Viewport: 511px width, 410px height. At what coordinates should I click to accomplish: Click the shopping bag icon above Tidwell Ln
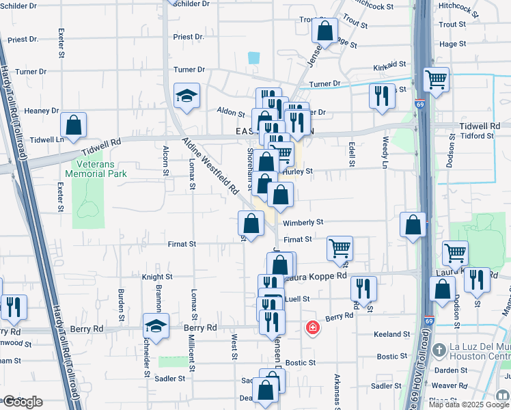click(x=73, y=125)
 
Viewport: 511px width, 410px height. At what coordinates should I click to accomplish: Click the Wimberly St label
click(x=303, y=222)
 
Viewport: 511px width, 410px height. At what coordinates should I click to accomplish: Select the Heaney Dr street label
click(x=42, y=111)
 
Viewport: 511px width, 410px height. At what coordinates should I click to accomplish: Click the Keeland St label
click(x=392, y=334)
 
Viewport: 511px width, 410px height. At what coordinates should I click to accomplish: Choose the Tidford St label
click(x=477, y=136)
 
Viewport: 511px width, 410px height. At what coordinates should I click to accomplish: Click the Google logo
click(x=22, y=402)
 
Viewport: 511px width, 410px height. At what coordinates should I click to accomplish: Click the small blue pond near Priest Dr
click(x=254, y=58)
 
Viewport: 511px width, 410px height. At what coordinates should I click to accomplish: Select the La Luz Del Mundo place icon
click(x=437, y=349)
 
